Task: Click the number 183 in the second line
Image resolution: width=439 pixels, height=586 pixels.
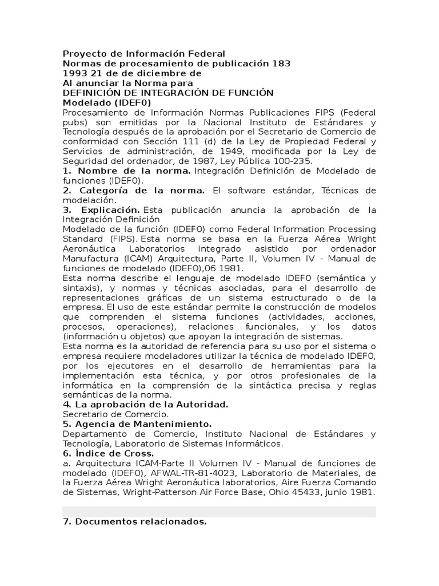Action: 281,64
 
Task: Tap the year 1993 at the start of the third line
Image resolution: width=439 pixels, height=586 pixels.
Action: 75,73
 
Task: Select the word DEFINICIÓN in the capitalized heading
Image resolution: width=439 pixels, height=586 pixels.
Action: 94,93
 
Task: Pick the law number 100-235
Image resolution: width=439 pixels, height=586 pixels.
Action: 291,161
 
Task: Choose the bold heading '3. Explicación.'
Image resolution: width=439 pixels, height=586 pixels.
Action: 101,209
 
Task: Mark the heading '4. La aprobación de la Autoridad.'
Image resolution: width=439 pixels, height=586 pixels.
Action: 145,404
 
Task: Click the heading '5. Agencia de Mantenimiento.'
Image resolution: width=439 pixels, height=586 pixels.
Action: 137,423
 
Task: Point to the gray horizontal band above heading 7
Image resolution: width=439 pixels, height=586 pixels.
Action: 219,511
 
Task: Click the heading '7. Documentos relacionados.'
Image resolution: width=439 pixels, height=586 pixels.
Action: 134,521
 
